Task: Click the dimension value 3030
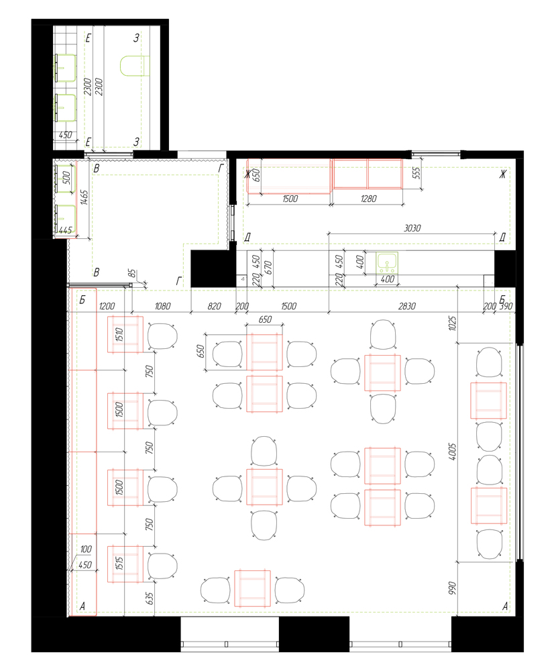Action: click(412, 229)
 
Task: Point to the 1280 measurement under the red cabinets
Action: click(368, 199)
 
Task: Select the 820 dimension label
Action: click(214, 306)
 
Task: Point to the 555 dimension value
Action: click(416, 174)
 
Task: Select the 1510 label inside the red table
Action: click(119, 334)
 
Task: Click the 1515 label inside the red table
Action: click(119, 563)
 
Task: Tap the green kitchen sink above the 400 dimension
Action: click(387, 262)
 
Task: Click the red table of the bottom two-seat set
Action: click(252, 588)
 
